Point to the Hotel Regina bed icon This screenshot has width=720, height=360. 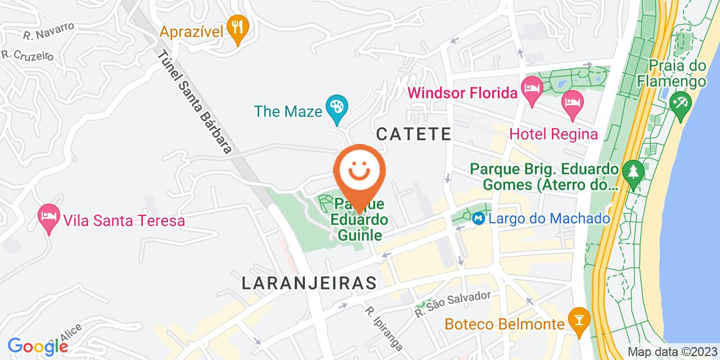pos(573,103)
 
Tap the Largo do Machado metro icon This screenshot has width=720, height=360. pos(479,218)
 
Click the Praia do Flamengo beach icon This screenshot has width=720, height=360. pos(680,105)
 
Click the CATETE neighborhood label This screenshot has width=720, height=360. pos(413,134)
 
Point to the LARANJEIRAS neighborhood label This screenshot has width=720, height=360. pos(309,283)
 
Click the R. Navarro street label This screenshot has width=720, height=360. pos(49,31)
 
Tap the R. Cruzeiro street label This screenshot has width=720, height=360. pos(27,56)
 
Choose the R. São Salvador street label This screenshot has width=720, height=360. pos(453,304)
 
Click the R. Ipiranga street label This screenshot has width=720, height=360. pos(384,328)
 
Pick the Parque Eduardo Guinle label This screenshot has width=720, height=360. pos(361,220)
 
